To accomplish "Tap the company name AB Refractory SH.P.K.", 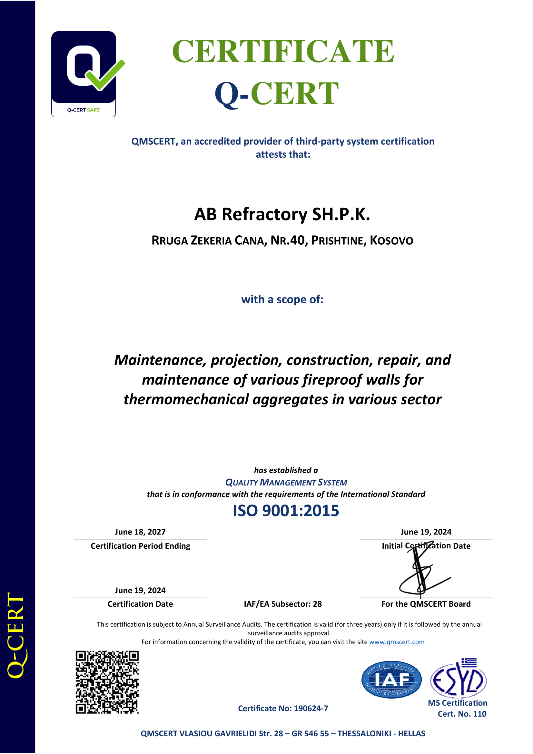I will coord(282,214).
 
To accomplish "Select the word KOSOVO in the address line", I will coord(391,241).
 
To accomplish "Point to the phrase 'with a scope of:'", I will coord(282,299).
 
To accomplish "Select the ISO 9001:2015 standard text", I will coord(286,511).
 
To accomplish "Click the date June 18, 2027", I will coord(140,532).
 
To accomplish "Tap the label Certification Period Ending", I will coord(140,546).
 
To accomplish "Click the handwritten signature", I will coord(422,573).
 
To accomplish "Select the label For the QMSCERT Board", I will coord(426,604).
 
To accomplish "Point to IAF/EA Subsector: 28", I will coord(283,604).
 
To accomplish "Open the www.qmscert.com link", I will coord(396,642).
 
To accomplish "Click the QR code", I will coord(107,682).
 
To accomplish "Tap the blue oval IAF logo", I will coord(391,680).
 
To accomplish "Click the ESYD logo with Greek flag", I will coord(459,679).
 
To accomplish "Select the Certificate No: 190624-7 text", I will coord(283,709).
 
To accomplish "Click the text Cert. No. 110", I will coord(462,714).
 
